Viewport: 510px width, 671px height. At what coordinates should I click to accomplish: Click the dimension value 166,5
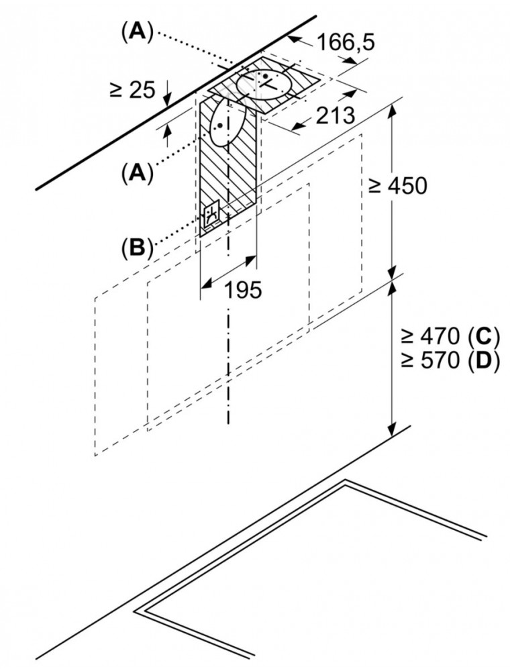346,43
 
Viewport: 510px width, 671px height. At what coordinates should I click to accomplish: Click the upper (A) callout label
137,31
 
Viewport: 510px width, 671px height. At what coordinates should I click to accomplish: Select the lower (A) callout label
137,174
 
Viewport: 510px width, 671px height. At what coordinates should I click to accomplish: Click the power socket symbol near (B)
213,215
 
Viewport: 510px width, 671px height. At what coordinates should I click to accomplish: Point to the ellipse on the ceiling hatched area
267,85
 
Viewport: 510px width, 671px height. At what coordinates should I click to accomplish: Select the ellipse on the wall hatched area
226,123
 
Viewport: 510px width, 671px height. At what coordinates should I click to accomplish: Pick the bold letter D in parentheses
484,362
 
